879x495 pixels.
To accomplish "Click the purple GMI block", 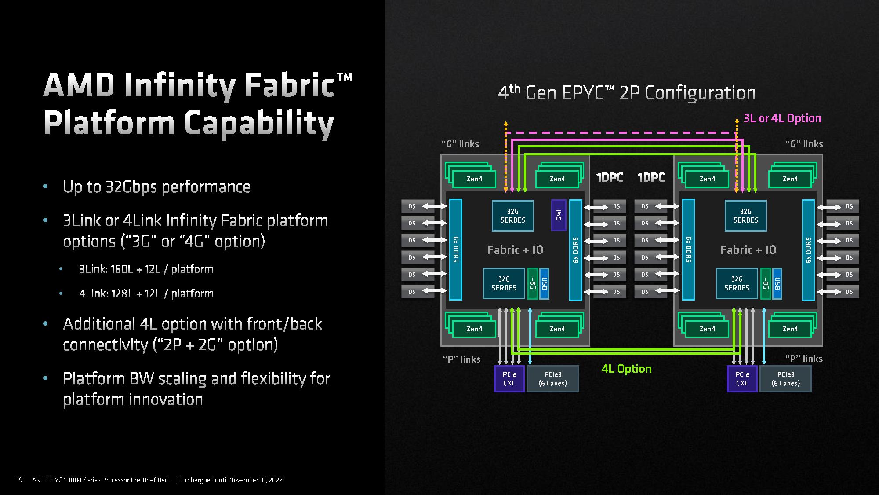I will point(559,215).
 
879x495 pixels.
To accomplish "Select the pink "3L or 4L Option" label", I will point(782,118).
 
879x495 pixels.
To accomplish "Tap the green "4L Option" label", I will point(626,369).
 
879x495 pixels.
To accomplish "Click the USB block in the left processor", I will point(544,283).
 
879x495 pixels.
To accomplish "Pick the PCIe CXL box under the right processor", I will point(742,379).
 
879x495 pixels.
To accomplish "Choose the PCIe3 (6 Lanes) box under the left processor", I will point(553,379).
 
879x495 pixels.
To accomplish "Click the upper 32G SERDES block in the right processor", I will point(745,216).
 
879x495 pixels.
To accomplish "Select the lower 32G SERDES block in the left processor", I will point(504,283).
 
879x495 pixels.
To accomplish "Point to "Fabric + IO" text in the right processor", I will point(748,250).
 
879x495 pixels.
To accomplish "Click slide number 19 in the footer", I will point(19,480).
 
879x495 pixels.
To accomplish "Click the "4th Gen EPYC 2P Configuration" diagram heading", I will point(627,93).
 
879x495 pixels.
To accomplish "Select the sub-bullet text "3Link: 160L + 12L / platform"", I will point(146,269).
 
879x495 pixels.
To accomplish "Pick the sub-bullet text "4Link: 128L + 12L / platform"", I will point(146,293).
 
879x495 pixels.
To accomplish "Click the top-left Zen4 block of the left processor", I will point(474,179).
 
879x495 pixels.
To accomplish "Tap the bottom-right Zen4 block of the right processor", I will point(790,329).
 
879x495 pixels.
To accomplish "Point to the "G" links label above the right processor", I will point(804,144).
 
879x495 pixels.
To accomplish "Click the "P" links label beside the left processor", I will point(461,359).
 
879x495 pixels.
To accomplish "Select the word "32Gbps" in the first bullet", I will point(131,187).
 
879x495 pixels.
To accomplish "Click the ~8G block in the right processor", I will point(765,283).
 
